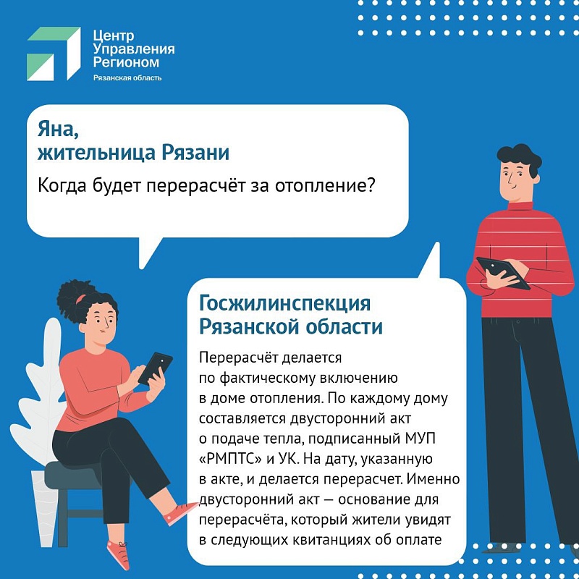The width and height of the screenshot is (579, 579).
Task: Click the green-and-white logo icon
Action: point(54,54)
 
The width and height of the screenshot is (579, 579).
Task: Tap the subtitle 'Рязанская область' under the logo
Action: point(127,78)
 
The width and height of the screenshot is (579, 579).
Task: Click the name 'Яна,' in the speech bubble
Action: point(59,130)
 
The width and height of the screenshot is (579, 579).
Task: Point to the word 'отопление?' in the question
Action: point(325,185)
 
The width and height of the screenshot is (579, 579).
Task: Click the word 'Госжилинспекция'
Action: point(284,303)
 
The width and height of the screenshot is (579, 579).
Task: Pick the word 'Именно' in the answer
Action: point(433,479)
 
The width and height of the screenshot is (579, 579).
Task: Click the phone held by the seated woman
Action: point(156,368)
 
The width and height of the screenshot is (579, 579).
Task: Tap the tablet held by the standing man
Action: point(503,273)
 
